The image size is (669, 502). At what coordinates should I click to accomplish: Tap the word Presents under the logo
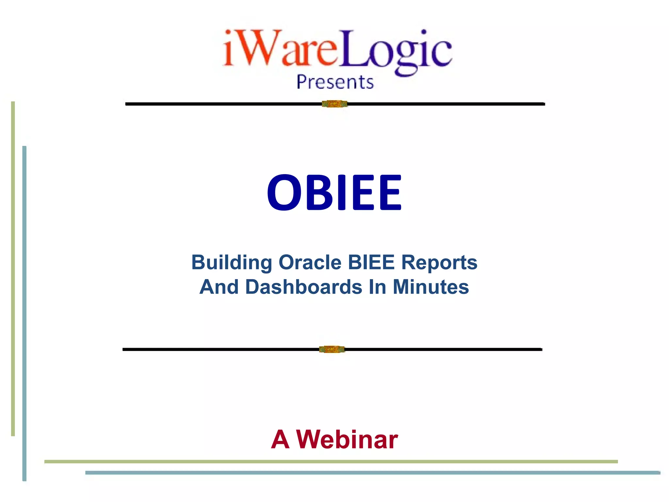[x=335, y=82]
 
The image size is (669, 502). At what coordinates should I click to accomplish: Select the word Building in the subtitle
[x=232, y=262]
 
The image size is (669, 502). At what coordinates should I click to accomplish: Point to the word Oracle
[x=310, y=262]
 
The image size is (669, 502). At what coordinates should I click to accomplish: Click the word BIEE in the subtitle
[x=371, y=262]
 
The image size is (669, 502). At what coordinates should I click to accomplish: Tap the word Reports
[x=439, y=262]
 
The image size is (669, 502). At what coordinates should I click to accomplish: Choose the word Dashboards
[x=303, y=287]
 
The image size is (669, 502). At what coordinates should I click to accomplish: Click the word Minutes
[x=431, y=287]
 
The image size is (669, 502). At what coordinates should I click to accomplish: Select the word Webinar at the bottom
[x=347, y=440]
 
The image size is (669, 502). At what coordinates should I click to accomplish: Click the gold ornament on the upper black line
[x=334, y=104]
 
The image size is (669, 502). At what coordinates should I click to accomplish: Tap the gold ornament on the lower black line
[x=332, y=349]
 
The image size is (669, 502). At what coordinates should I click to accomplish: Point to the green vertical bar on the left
[x=13, y=268]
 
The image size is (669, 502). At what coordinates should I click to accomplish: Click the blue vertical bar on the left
[x=24, y=314]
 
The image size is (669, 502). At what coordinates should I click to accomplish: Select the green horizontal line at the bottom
[x=331, y=461]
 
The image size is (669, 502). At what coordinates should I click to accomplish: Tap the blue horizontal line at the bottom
[x=372, y=473]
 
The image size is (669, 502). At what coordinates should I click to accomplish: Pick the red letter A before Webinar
[x=280, y=440]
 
